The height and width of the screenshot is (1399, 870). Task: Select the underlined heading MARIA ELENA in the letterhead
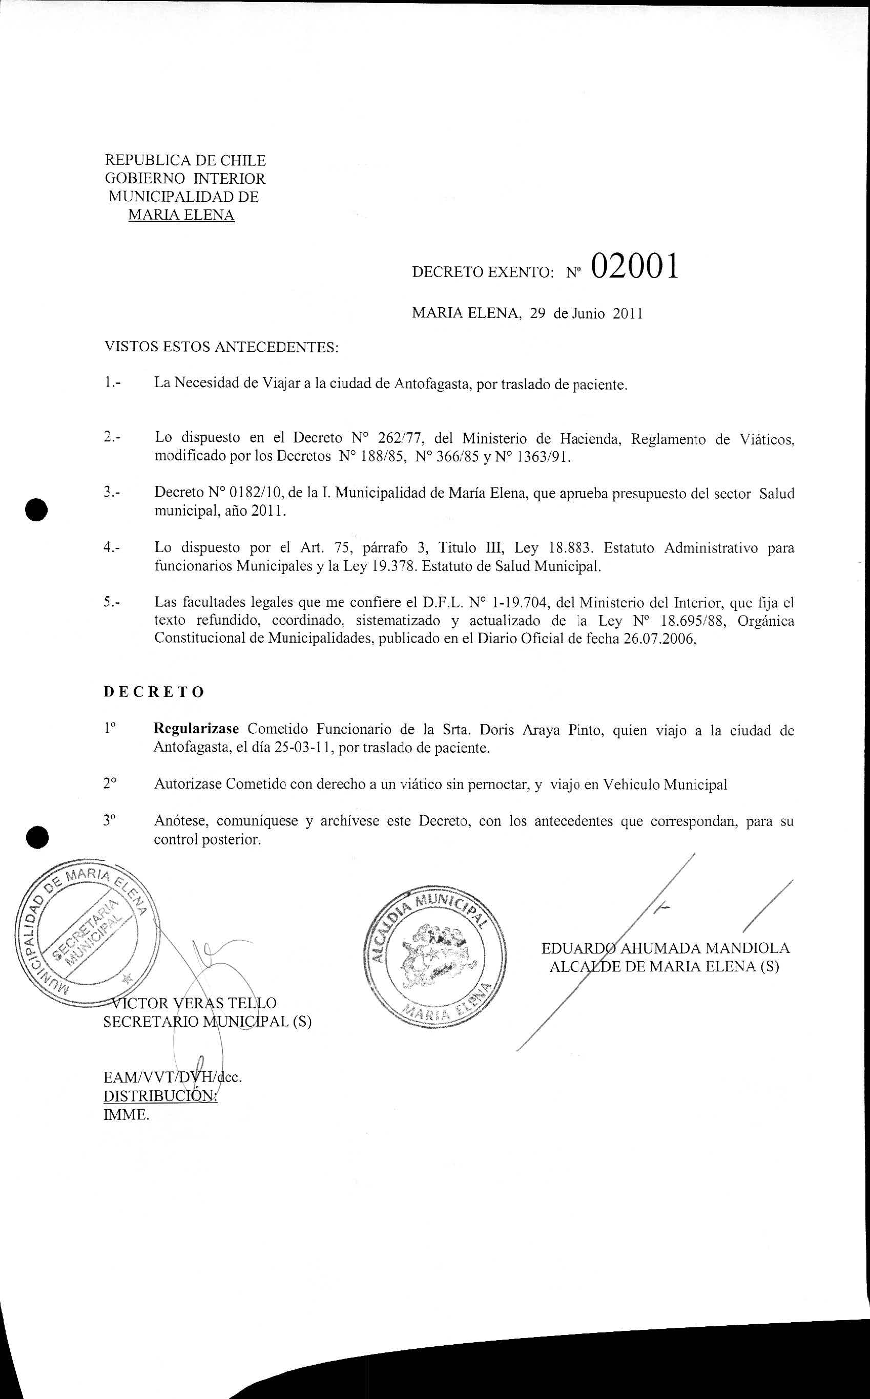181,215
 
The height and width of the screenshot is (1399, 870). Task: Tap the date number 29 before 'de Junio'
537,314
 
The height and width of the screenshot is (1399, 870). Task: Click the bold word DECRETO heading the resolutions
154,692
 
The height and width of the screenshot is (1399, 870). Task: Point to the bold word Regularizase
196,729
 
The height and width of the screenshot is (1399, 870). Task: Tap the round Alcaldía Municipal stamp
436,959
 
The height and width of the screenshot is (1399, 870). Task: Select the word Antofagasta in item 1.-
433,384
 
